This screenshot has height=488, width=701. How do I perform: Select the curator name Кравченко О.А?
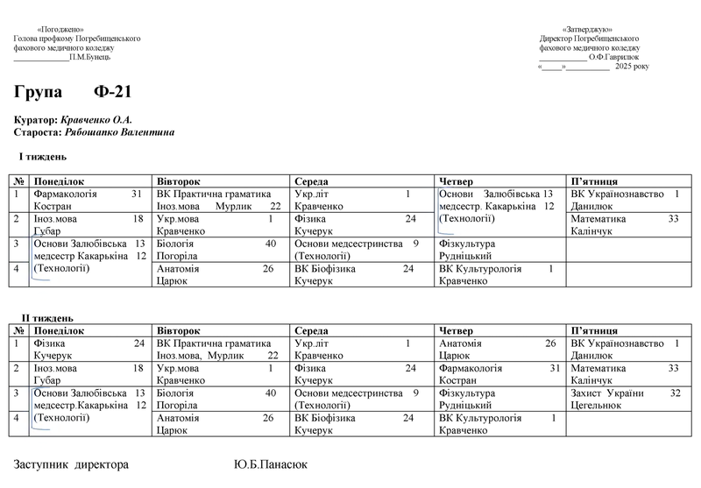[97, 119]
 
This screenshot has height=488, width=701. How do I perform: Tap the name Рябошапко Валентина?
[119, 132]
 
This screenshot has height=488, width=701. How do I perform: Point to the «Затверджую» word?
[587, 30]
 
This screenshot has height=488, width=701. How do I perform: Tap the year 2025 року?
[632, 67]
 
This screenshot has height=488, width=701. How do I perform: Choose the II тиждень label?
[47, 317]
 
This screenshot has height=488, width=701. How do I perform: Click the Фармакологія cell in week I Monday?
[87, 199]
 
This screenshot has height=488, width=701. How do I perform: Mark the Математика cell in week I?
[624, 224]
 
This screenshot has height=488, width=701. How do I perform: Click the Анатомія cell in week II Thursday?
[498, 350]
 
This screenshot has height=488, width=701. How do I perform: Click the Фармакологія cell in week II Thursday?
[498, 374]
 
